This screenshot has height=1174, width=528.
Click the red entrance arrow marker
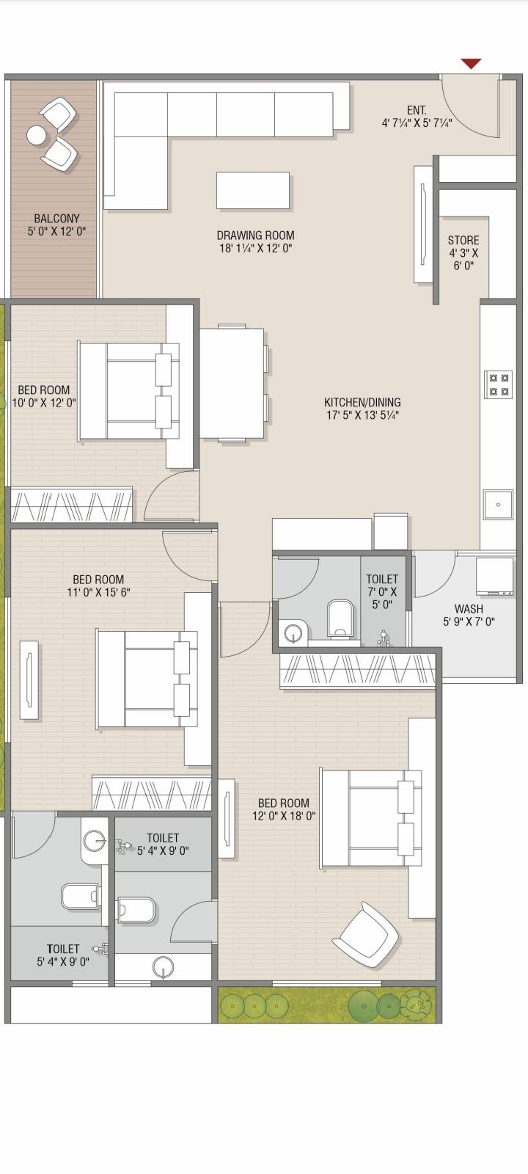[x=471, y=64]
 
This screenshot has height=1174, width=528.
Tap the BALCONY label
[x=56, y=218]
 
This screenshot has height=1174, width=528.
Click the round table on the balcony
[x=37, y=136]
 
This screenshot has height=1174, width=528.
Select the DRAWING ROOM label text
[x=256, y=236]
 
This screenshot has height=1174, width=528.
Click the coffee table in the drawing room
[x=253, y=191]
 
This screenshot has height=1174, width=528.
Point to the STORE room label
[x=463, y=240]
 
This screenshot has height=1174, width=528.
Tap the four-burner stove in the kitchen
[x=498, y=384]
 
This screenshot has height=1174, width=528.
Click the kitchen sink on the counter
[x=498, y=504]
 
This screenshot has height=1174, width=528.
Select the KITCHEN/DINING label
[x=362, y=402]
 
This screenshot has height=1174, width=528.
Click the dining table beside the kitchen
[x=232, y=382]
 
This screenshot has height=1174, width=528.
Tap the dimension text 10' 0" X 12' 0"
[x=44, y=403]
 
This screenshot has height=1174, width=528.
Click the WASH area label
[x=469, y=608]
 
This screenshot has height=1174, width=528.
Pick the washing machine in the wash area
[x=494, y=577]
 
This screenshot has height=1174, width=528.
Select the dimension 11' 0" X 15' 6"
[x=98, y=592]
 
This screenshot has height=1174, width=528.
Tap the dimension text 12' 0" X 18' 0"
[x=284, y=815]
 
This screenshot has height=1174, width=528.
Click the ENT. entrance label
[x=417, y=110]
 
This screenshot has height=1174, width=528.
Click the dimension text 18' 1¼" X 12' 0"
[x=256, y=248]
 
